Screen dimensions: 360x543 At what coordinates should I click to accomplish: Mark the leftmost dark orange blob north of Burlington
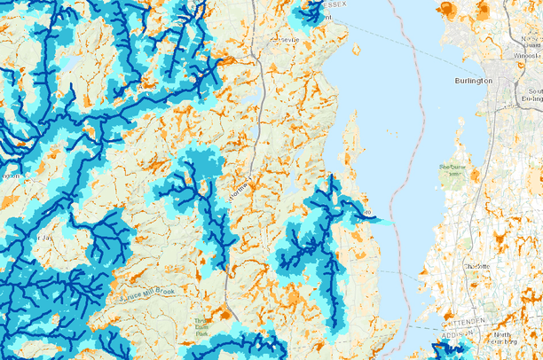445,9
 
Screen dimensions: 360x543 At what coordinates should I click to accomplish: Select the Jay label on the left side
36,239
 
